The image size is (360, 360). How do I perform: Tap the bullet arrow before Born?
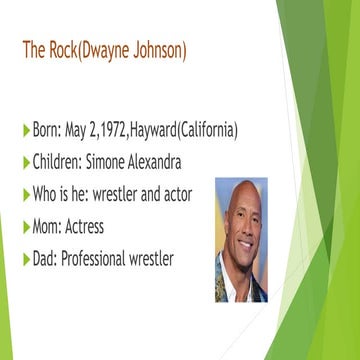point(26,131)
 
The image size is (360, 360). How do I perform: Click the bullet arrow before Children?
point(26,163)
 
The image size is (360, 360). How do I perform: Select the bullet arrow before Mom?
point(26,227)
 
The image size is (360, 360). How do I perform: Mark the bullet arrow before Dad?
point(26,259)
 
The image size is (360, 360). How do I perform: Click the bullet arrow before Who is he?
point(26,195)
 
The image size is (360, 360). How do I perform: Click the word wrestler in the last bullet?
point(150,258)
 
